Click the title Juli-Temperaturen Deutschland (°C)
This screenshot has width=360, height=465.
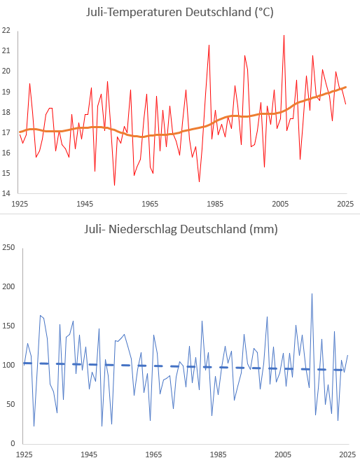click(180, 13)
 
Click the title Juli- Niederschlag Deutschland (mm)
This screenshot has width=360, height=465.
click(181, 229)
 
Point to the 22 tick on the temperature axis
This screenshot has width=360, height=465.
click(6, 30)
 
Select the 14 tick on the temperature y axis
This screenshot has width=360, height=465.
click(6, 193)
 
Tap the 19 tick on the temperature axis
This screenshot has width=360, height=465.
click(6, 92)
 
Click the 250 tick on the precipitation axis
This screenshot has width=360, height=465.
click(8, 247)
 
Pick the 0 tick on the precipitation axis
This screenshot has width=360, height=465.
click(13, 444)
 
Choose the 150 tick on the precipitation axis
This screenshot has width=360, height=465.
click(8, 326)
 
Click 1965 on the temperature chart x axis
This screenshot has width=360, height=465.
click(150, 204)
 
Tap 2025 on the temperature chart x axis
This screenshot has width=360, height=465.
click(345, 204)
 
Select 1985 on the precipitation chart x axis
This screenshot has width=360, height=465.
click(219, 454)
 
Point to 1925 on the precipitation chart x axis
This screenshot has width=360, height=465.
click(25, 454)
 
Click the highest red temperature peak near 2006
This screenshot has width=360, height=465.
click(284, 35)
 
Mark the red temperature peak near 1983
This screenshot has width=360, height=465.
click(209, 45)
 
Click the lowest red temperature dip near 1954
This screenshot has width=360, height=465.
click(114, 185)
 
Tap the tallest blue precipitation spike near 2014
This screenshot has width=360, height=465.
click(312, 294)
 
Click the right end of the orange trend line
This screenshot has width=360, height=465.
click(346, 87)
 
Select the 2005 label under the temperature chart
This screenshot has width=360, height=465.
click(280, 204)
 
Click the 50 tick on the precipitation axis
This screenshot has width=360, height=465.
click(11, 404)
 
